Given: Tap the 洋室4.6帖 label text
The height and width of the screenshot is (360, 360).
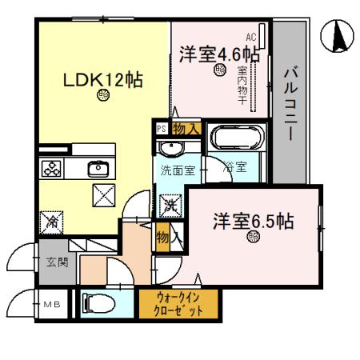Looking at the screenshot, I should click(x=219, y=54).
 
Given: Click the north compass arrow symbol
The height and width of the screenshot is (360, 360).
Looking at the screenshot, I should click(x=337, y=37).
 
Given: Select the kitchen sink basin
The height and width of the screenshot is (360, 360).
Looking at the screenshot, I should click(x=98, y=168).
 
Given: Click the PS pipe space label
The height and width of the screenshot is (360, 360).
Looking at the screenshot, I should click(x=161, y=129).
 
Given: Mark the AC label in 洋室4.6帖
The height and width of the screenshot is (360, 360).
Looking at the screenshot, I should click(x=250, y=37).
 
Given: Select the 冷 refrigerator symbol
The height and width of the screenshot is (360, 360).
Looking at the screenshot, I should click(x=52, y=218).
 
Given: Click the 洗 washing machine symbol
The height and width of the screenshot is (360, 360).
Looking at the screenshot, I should click(x=170, y=206).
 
